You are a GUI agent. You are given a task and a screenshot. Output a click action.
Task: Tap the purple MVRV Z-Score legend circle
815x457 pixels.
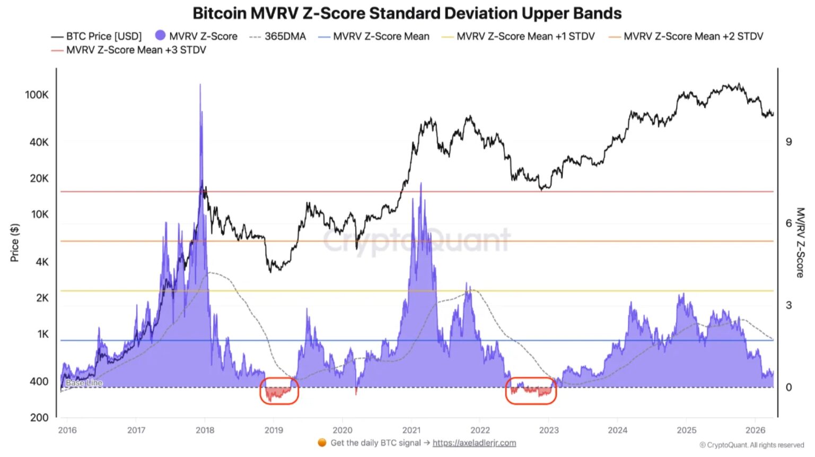pos(160,36)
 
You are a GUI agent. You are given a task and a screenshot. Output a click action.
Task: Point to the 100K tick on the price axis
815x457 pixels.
pos(37,95)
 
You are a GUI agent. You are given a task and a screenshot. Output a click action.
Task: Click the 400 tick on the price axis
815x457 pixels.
pos(39,382)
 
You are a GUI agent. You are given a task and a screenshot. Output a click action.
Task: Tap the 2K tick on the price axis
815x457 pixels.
pos(42,298)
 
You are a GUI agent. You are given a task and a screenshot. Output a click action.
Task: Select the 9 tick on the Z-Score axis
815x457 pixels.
pos(788,142)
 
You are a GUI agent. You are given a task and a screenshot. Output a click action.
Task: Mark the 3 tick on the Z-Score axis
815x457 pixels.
pos(788,305)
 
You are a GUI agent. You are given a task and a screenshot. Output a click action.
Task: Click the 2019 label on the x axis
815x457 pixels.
pos(274,430)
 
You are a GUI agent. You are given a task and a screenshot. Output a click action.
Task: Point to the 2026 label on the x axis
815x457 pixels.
pos(755,430)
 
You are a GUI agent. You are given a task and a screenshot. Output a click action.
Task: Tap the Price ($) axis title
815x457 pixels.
pos(15,243)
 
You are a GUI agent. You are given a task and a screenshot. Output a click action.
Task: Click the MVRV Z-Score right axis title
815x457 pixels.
pos(800,242)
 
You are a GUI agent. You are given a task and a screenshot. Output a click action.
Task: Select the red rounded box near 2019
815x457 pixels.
pos(279,391)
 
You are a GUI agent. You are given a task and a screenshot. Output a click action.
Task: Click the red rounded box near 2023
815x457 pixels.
pos(531,391)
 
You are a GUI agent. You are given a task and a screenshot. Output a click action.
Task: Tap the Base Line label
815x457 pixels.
pos(84,383)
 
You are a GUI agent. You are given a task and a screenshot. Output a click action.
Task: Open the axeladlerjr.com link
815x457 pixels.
pos(474,443)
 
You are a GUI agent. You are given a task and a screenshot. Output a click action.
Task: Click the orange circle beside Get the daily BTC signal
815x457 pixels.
pos(322,443)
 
